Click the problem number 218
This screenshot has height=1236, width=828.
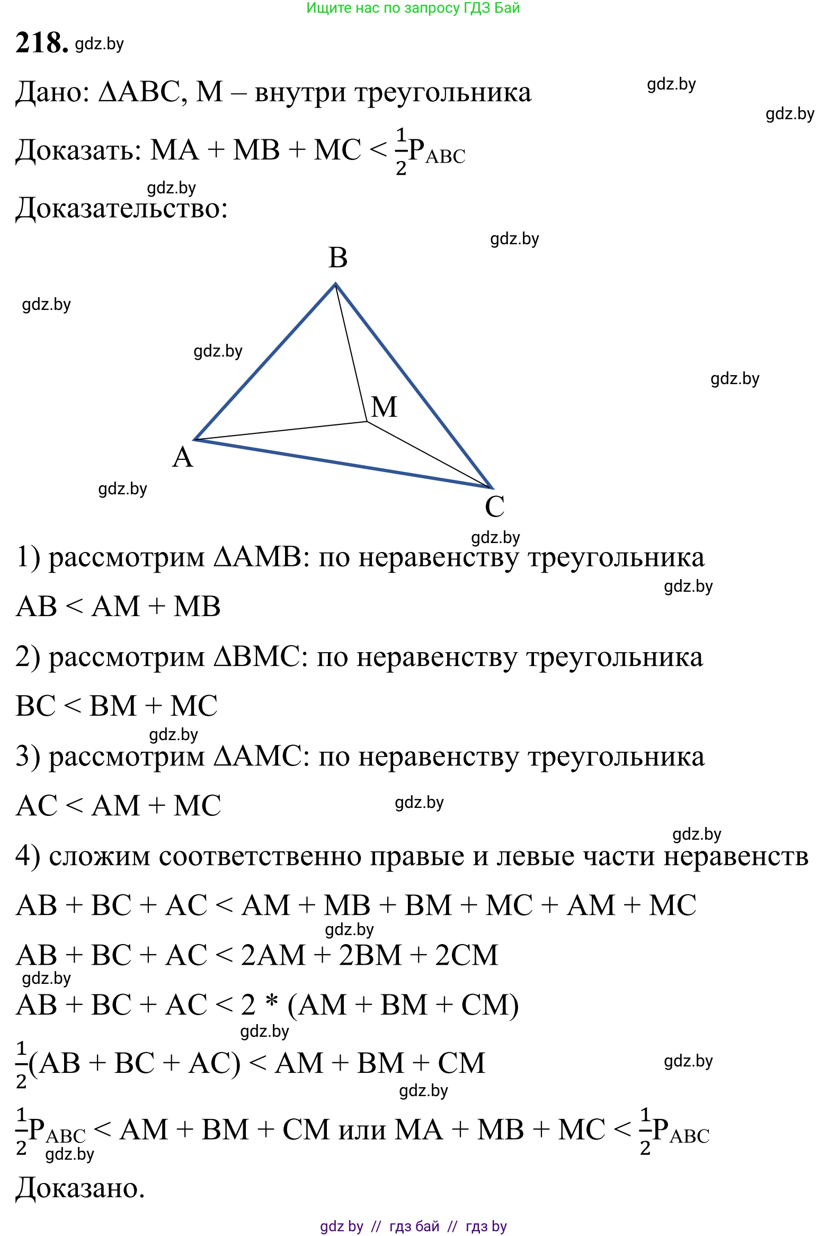41,43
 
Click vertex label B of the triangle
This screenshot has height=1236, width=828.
338,258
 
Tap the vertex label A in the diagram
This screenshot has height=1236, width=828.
183,457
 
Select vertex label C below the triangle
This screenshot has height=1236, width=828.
494,506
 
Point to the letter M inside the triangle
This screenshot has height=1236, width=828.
384,407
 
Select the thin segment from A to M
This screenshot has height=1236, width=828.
281,431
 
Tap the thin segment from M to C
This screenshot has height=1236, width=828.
429,455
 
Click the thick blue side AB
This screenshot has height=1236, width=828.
265,362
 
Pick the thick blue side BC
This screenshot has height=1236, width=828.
414,386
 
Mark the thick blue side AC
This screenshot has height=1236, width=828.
343,464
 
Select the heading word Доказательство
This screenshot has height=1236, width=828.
121,208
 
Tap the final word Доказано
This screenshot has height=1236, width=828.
80,1188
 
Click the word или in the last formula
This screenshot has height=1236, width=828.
363,1131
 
